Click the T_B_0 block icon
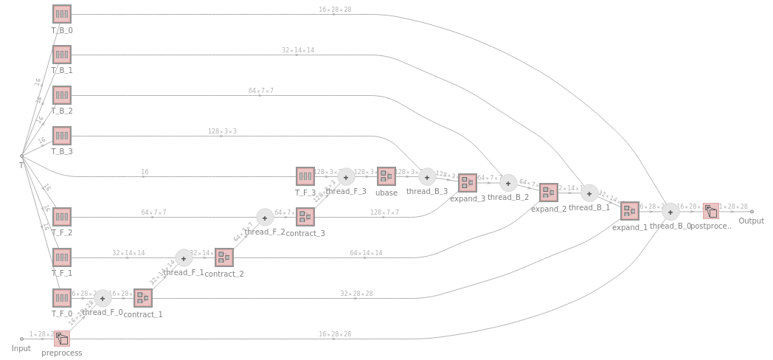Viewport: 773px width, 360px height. click(x=62, y=14)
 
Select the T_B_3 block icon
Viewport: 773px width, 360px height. click(x=62, y=136)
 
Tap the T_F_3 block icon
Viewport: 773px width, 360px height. click(x=305, y=176)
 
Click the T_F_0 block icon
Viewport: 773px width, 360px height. click(x=62, y=298)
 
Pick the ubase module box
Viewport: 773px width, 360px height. click(x=386, y=176)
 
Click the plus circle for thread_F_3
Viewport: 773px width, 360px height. click(x=346, y=176)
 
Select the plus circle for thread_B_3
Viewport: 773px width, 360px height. click(x=427, y=176)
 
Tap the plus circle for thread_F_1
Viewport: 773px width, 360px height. click(x=184, y=257)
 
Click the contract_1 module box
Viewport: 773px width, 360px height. click(x=143, y=298)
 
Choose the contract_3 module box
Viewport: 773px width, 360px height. click(x=305, y=217)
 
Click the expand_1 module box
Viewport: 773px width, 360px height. click(x=629, y=211)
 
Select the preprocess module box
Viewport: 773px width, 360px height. click(x=62, y=339)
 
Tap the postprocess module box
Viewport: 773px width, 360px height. click(x=710, y=211)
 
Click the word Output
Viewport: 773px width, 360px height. click(x=752, y=221)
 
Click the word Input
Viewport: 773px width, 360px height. click(x=21, y=348)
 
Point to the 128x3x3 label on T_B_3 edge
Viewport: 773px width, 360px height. click(x=222, y=131)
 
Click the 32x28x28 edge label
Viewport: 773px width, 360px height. click(x=356, y=294)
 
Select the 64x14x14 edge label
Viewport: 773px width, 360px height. click(x=367, y=253)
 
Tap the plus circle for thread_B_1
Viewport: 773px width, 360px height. click(x=589, y=193)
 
